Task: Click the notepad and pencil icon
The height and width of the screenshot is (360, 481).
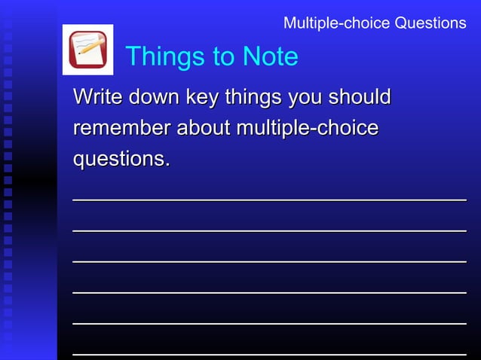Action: coord(87,50)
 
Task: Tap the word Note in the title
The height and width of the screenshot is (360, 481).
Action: coord(269,56)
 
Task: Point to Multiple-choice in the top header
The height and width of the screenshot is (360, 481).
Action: coord(329,23)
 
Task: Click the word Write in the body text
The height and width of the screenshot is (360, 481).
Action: coord(98,97)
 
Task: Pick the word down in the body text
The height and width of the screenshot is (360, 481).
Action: coord(154,97)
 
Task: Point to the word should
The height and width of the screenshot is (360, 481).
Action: coord(363,97)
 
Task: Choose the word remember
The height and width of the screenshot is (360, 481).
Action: coord(121,129)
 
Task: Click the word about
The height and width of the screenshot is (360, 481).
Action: coord(204,129)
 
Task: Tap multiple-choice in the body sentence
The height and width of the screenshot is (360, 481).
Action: coord(308,129)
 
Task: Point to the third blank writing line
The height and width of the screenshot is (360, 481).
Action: coord(269,261)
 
